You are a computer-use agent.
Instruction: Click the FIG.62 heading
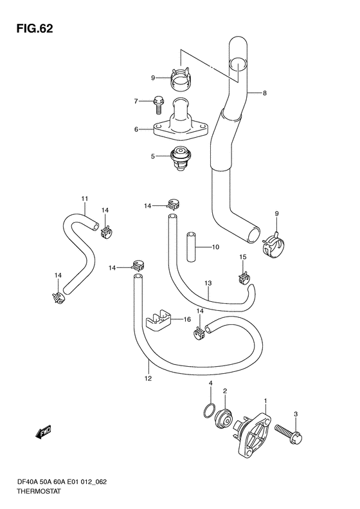point(35,28)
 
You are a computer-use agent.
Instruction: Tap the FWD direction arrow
point(44,432)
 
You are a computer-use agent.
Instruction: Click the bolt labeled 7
point(158,105)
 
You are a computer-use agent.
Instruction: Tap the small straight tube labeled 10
point(192,246)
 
